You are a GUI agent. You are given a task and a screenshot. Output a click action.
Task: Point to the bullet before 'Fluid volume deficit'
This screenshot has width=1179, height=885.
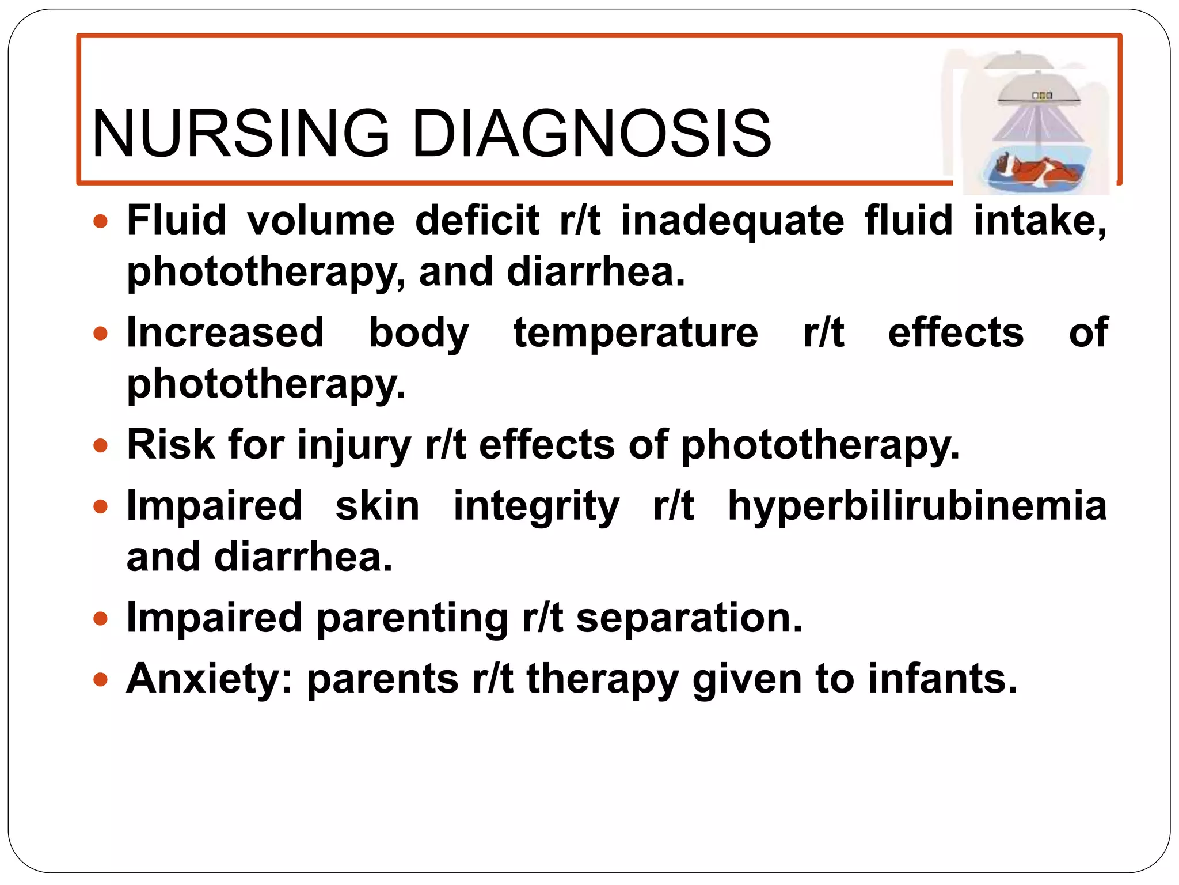pos(101,221)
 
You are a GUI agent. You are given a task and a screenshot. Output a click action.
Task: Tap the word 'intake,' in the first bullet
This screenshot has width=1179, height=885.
pos(1040,221)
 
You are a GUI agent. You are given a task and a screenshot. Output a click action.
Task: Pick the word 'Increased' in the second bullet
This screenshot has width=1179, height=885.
pos(225,332)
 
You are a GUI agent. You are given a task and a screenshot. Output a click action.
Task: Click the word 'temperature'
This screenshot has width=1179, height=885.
pos(636,334)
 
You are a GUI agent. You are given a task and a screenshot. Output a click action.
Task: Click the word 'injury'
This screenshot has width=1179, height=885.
pos(354,446)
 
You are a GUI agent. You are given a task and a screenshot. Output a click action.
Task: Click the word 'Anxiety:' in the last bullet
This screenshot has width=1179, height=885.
pos(210,679)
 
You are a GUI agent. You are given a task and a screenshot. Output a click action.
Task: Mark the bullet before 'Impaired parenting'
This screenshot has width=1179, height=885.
pos(101,619)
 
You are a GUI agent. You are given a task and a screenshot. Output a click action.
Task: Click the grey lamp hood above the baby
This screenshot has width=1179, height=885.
pos(1039,89)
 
